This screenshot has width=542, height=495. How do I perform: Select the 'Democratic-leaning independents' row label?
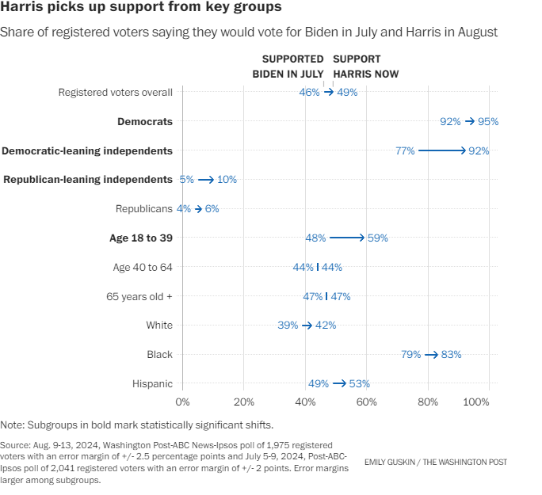click(x=87, y=150)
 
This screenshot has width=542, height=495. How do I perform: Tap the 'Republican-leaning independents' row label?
click(x=88, y=180)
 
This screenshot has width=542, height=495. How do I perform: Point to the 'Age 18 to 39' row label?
click(x=140, y=238)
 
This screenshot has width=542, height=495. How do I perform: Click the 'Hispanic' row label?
click(x=153, y=383)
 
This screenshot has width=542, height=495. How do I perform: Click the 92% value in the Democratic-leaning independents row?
click(x=479, y=150)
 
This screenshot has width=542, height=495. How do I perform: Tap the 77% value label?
click(x=405, y=150)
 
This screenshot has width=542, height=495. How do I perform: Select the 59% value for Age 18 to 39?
click(x=377, y=238)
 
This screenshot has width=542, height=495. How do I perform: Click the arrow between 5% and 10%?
click(x=206, y=180)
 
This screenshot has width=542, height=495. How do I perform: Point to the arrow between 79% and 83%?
click(x=431, y=355)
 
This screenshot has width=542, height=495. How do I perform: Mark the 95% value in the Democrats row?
click(x=487, y=121)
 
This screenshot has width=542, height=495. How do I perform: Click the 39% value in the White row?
click(x=288, y=326)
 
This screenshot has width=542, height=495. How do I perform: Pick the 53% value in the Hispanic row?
click(x=360, y=384)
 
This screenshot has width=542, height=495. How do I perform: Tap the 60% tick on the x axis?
click(x=366, y=402)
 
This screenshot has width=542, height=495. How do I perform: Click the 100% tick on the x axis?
click(x=476, y=402)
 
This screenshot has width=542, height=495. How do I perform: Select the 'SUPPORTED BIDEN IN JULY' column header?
click(x=288, y=67)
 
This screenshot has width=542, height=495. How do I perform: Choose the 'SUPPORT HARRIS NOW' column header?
click(x=366, y=67)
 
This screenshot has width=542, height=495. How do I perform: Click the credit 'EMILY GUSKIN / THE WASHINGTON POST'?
click(x=436, y=462)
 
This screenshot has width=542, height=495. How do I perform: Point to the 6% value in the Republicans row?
click(x=211, y=209)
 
